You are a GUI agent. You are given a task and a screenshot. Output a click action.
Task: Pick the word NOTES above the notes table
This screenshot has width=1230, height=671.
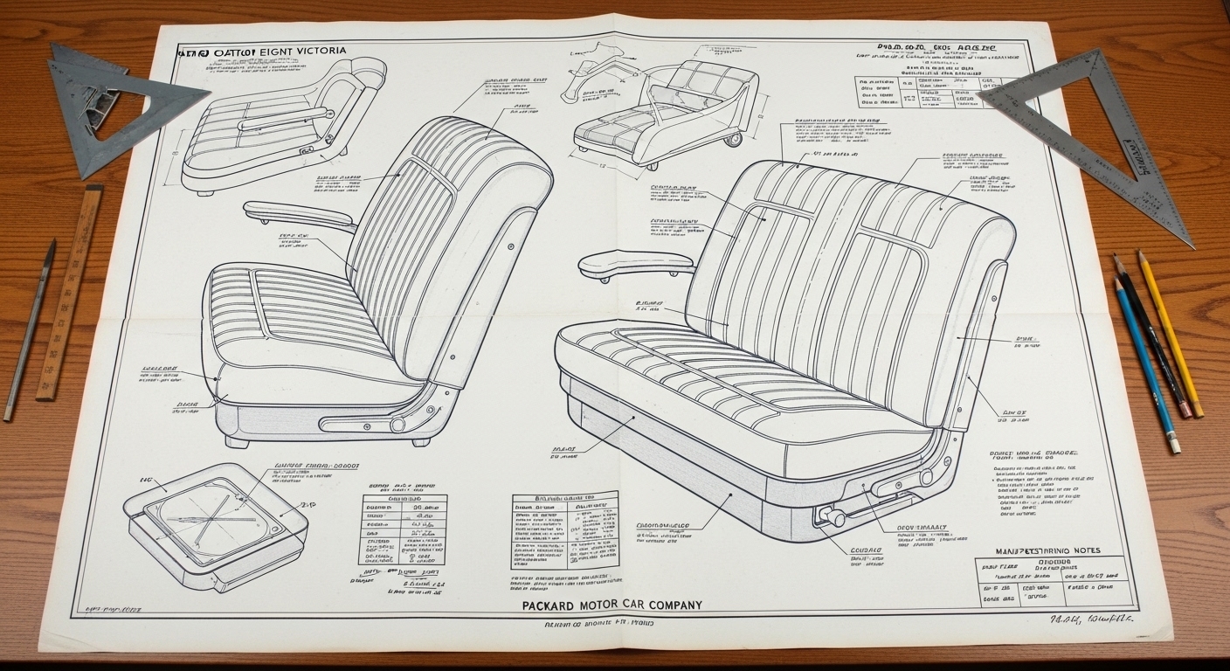1081,551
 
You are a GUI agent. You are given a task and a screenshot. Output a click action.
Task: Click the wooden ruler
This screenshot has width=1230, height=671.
70,293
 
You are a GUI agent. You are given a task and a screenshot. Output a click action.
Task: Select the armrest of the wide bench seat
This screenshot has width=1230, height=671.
634,259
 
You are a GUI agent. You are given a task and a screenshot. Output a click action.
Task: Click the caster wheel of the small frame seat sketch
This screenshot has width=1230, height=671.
734,138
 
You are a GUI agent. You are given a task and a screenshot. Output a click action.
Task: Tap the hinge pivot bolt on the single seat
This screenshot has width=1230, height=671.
398,425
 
